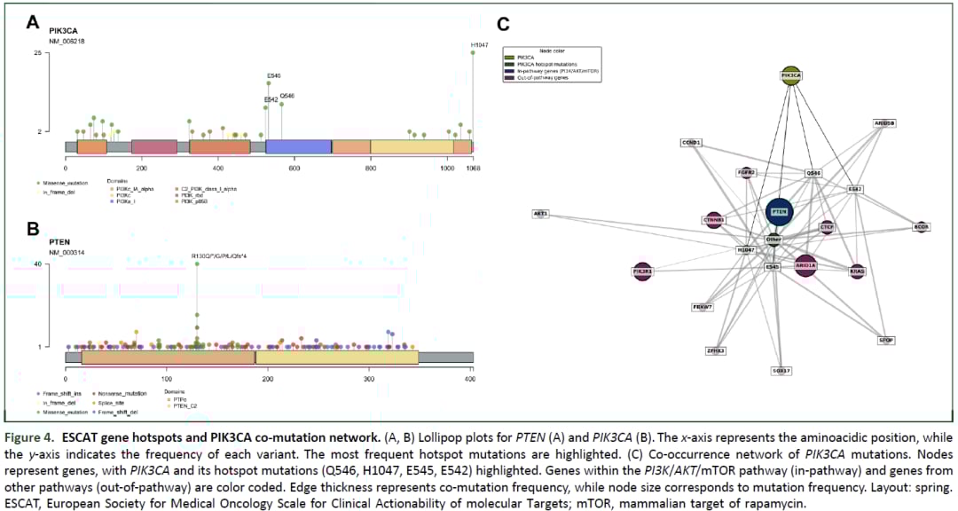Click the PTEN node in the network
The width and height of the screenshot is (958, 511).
[779, 213]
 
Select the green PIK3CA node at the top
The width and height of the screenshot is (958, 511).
[791, 76]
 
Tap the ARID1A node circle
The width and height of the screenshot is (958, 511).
[805, 265]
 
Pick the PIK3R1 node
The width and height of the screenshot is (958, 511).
[643, 271]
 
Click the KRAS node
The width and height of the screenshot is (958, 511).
[857, 271]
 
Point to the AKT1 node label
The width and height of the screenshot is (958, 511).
[540, 214]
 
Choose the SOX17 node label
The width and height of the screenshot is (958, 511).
[781, 370]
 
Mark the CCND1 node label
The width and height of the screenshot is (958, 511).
[691, 142]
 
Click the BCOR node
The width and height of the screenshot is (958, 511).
[922, 227]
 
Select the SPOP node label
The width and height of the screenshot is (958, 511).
[885, 340]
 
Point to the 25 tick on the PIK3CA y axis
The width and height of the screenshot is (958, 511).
[37, 53]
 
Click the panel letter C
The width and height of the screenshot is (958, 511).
[503, 25]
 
